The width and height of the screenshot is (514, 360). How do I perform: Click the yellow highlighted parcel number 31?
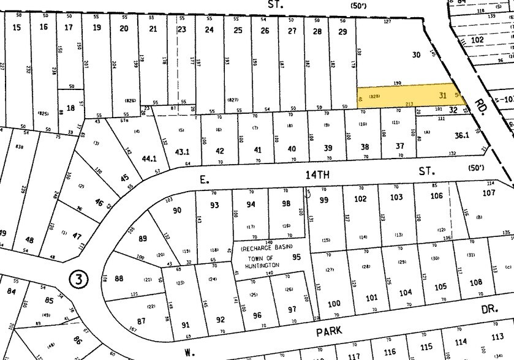pos(443,95)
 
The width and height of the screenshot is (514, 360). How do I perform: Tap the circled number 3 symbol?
pos(79,279)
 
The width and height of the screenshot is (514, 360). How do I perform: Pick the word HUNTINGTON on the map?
pos(264,264)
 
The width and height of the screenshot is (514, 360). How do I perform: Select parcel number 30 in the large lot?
pos(417,54)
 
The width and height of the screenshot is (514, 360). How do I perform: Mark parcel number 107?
pos(488,193)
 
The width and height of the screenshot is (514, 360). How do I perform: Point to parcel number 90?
pos(178,211)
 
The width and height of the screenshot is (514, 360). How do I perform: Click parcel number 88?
pos(119,279)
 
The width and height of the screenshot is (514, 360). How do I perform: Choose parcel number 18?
pos(70,108)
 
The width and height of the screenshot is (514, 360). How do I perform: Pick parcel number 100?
pos(334,304)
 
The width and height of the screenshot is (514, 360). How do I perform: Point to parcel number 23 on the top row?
pos(181,29)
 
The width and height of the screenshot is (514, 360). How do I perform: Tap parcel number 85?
pos(50,301)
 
